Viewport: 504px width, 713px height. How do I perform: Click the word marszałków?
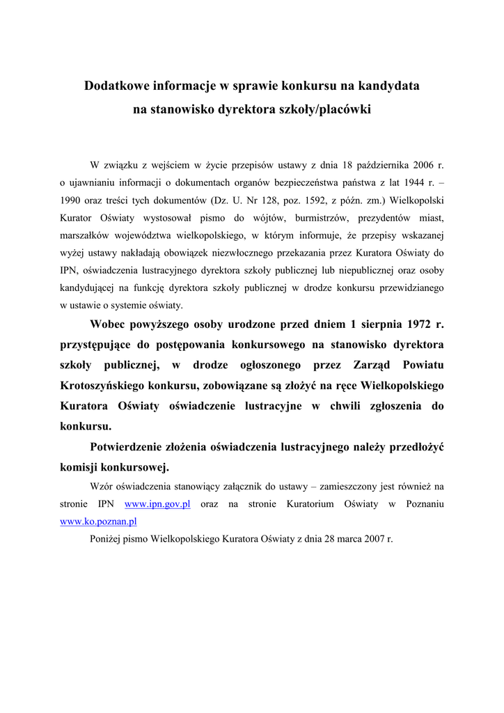coord(84,235)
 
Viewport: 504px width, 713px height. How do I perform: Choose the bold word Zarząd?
coord(376,365)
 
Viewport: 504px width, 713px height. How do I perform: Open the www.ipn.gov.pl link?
coord(157,503)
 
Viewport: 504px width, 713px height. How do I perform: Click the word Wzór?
coord(103,486)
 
